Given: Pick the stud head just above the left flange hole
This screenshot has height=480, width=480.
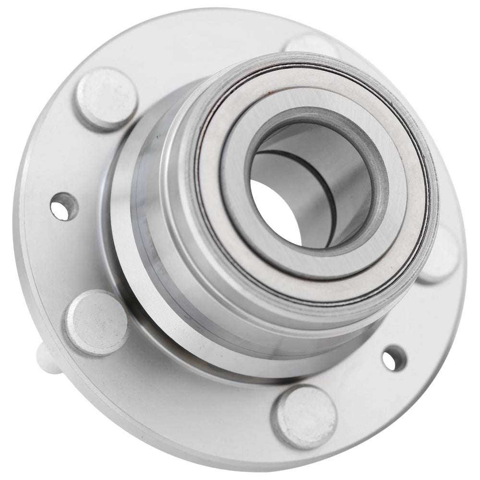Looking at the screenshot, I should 106,99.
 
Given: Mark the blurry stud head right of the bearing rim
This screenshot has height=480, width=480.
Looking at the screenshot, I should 441,254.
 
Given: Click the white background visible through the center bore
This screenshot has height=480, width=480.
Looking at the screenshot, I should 274,211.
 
